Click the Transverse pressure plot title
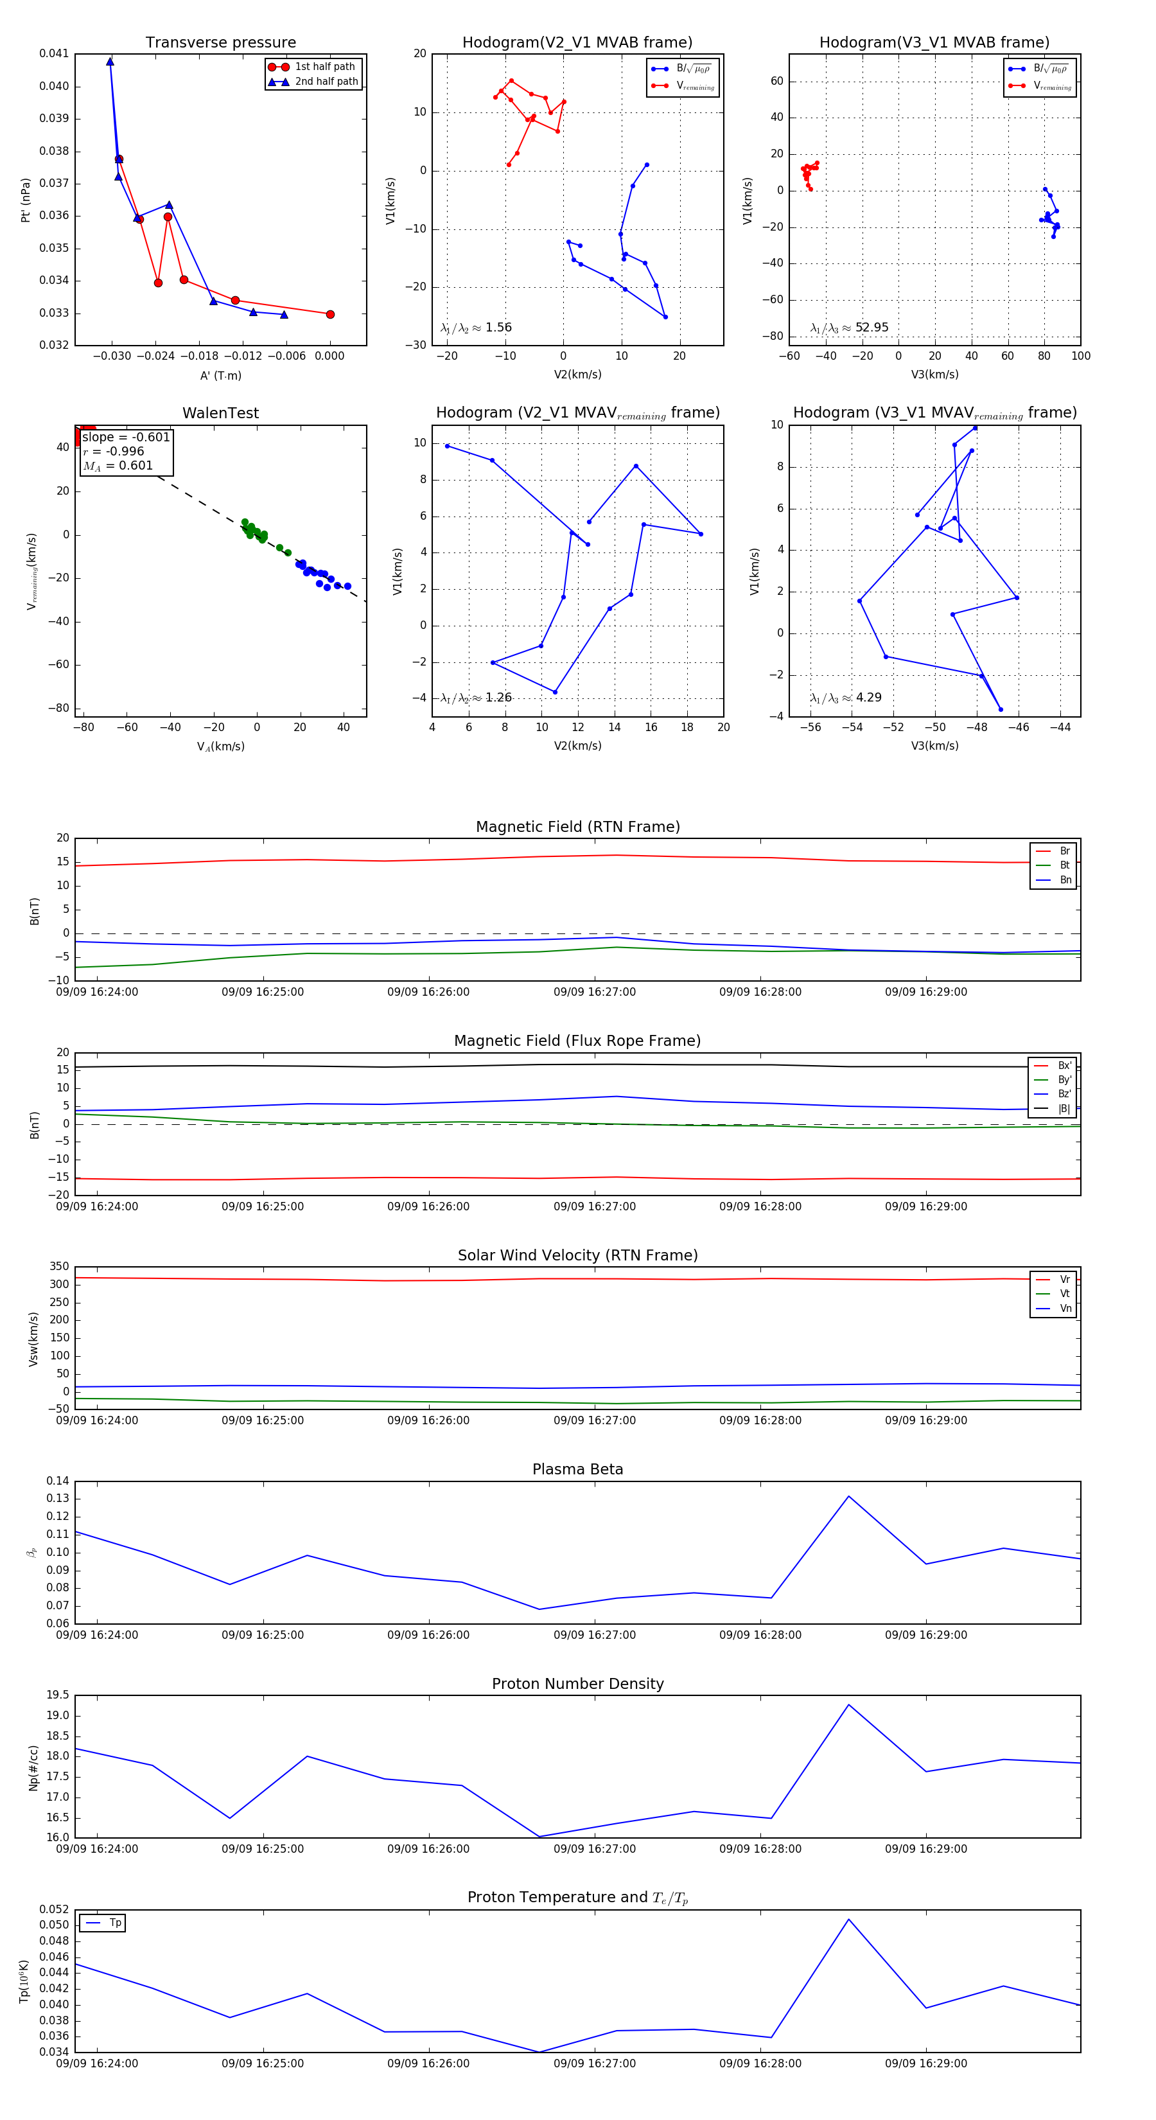click(x=220, y=43)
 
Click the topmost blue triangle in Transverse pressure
click(x=110, y=62)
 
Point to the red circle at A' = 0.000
click(x=330, y=314)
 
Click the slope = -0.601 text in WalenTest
click(x=126, y=437)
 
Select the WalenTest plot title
click(x=220, y=413)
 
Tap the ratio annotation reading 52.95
click(x=871, y=328)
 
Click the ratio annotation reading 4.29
click(x=868, y=698)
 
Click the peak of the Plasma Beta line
click(x=848, y=1496)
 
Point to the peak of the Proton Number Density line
click(x=848, y=1704)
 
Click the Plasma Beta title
click(x=577, y=1469)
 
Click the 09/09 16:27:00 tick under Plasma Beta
click(x=594, y=1634)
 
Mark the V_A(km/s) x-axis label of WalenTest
click(x=220, y=746)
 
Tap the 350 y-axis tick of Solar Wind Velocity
click(x=59, y=1267)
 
